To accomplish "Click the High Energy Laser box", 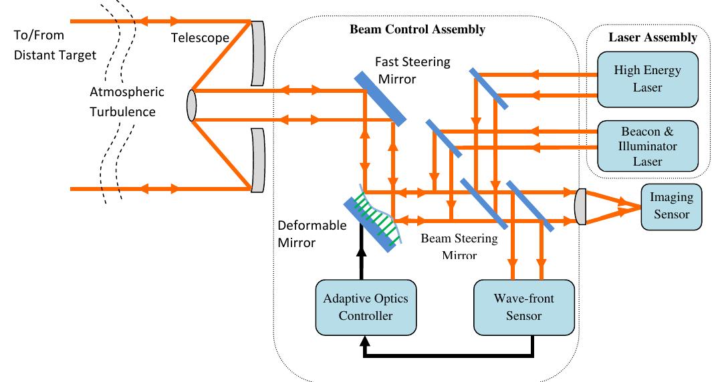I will click(x=647, y=79).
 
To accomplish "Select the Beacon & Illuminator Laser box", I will click(x=647, y=145).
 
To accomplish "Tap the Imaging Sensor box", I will click(x=671, y=206).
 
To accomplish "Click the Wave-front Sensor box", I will click(x=515, y=307).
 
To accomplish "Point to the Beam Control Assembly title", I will click(x=417, y=29).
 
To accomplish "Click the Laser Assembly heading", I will click(x=652, y=37).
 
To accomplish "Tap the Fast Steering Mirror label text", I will click(x=412, y=70).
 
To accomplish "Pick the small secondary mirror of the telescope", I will click(x=191, y=106).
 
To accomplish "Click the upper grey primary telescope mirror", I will click(x=257, y=53).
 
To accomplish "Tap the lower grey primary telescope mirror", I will click(x=257, y=160).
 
